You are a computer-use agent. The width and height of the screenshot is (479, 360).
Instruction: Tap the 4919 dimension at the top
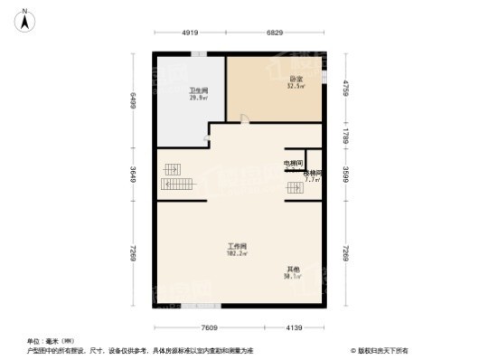[189, 33]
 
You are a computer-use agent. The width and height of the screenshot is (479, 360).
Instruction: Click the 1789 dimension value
[344, 136]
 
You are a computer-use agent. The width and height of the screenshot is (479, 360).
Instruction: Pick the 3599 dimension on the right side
[344, 171]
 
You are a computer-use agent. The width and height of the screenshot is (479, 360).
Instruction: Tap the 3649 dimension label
[132, 173]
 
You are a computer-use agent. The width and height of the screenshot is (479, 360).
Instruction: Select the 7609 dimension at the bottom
[210, 327]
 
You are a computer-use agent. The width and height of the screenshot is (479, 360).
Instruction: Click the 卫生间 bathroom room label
[199, 90]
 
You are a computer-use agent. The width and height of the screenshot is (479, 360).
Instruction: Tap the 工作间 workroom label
[238, 245]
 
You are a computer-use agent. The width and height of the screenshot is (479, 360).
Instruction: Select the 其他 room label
[294, 270]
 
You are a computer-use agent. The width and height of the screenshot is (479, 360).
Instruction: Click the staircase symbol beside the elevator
[295, 188]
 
